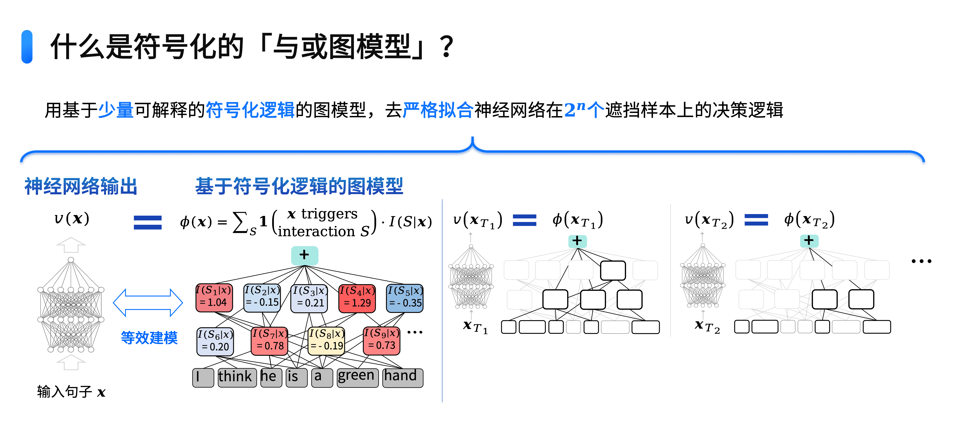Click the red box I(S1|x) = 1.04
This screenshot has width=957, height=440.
tap(214, 298)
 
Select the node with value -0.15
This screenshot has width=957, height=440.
tap(262, 298)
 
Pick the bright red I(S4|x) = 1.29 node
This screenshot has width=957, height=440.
tap(357, 298)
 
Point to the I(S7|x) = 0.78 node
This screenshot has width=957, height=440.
tap(270, 340)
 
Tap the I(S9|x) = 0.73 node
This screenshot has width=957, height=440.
tap(381, 340)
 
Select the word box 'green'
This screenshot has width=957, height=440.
tap(357, 377)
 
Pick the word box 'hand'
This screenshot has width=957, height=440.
tap(402, 377)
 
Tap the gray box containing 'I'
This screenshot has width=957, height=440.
tap(203, 377)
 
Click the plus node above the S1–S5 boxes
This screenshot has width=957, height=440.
tap(304, 255)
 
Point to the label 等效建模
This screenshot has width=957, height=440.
tap(149, 338)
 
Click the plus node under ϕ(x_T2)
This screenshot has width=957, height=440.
tap(809, 241)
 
